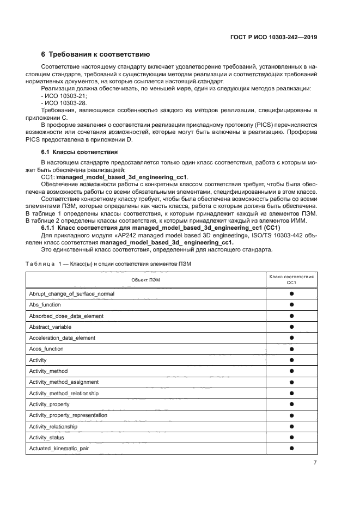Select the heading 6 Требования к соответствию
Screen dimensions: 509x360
100,55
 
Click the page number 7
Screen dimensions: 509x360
315,463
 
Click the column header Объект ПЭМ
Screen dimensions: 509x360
145,279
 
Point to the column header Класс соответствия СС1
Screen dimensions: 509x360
291,279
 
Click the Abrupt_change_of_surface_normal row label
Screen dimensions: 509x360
71,294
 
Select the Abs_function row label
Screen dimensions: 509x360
45,305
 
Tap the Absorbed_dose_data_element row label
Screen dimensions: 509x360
66,316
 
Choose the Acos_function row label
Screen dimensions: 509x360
47,349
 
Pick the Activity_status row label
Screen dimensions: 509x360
46,437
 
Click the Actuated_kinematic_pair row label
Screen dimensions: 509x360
59,449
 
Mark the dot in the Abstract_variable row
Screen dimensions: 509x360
291,327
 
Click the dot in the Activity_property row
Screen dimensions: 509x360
291,404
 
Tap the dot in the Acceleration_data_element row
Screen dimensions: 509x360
291,338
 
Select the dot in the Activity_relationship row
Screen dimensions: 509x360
291,426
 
